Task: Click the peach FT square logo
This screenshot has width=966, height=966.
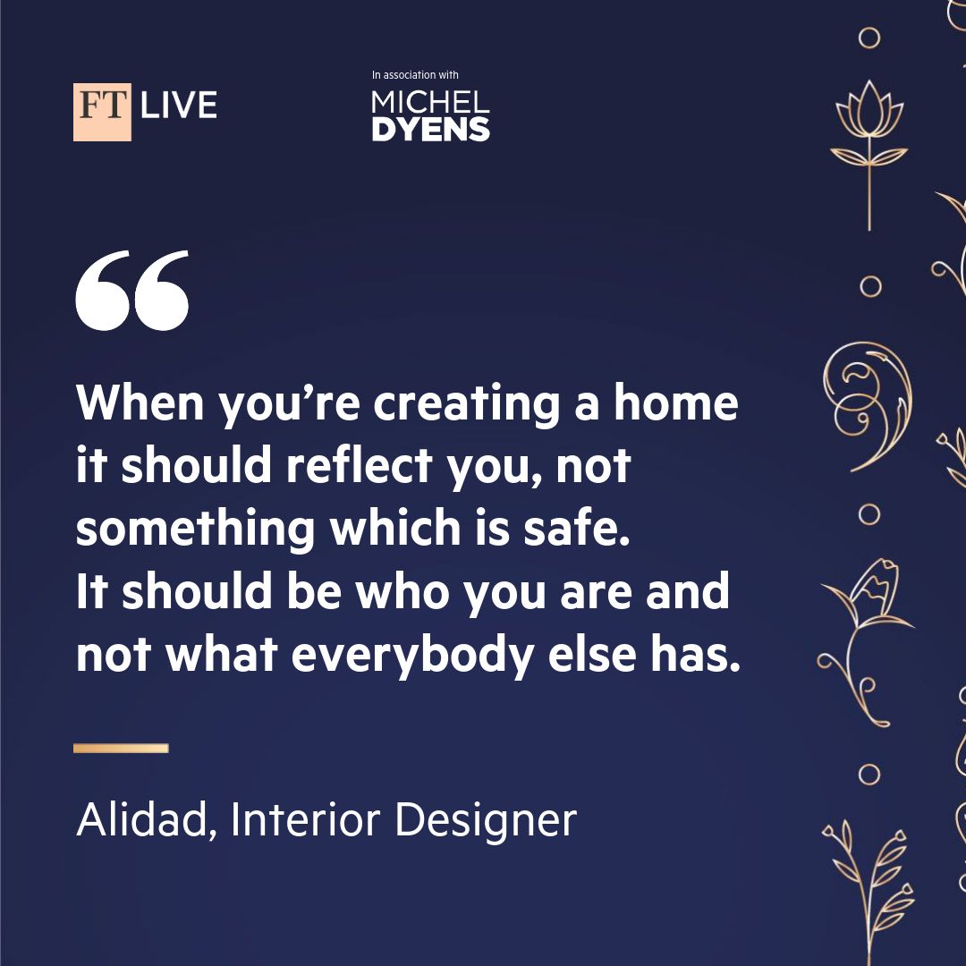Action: (102, 112)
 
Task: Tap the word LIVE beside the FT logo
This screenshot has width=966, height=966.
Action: (179, 105)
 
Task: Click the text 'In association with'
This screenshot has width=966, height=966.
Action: (415, 74)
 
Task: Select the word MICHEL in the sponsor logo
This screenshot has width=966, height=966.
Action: (430, 102)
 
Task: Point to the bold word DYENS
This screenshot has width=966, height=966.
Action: (430, 130)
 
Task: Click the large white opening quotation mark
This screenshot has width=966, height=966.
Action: (131, 290)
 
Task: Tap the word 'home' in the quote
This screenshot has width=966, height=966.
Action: (676, 402)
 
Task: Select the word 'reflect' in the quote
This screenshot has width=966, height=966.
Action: (360, 465)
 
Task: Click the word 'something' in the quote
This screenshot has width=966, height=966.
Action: (195, 530)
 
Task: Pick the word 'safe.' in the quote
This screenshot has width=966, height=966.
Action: (577, 528)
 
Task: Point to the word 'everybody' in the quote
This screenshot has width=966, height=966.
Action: (412, 655)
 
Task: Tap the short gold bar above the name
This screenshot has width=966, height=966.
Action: (121, 748)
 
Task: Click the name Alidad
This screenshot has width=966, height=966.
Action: (147, 820)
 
